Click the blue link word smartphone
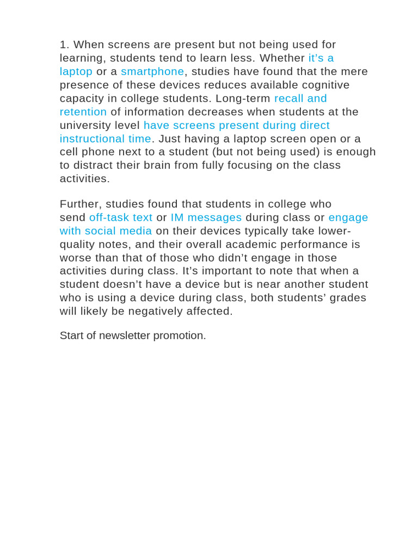pyautogui.click(x=152, y=72)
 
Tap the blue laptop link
pyautogui.click(x=76, y=72)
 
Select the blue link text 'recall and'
pyautogui.click(x=300, y=98)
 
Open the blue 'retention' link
pyautogui.click(x=83, y=112)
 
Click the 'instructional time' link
pyautogui.click(x=105, y=139)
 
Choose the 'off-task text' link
pyautogui.click(x=121, y=218)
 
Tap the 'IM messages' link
pyautogui.click(x=206, y=218)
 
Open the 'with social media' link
pyautogui.click(x=106, y=231)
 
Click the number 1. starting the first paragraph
pyautogui.click(x=64, y=45)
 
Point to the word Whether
pyautogui.click(x=282, y=58)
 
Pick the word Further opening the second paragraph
pyautogui.click(x=79, y=204)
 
